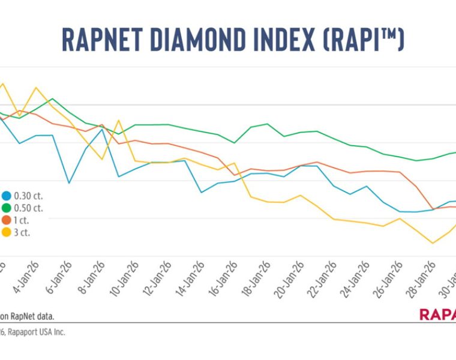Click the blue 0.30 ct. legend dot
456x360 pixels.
6,196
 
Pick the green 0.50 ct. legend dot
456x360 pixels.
6,208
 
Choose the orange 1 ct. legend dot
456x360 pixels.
6,220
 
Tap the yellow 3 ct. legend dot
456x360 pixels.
6,232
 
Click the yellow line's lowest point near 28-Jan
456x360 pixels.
432,243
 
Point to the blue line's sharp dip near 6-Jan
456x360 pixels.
69,182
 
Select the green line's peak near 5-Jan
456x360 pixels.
52,99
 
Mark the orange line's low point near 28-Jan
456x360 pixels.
433,209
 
